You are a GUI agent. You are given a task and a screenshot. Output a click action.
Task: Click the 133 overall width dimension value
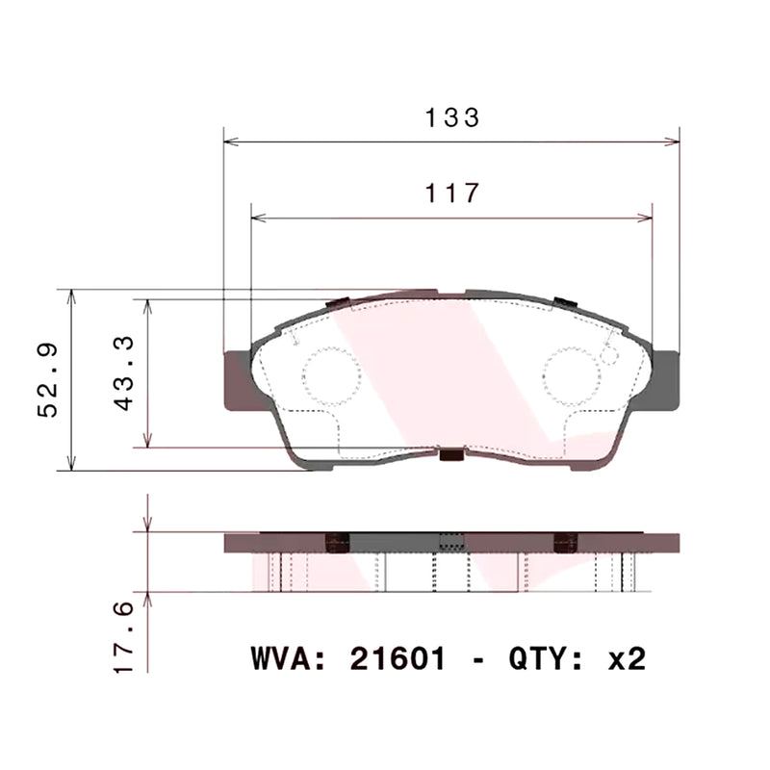[452, 118]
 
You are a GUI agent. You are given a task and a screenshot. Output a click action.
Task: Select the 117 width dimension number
[452, 193]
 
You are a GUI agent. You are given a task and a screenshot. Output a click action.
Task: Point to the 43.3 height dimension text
[124, 374]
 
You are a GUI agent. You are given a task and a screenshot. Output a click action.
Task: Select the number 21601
[398, 659]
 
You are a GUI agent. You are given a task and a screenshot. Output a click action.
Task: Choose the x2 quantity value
[627, 659]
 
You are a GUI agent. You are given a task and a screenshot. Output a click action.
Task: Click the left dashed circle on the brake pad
[331, 375]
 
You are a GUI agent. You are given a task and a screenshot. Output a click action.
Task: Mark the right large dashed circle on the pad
[571, 375]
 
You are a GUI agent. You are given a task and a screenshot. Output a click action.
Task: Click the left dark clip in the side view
[337, 543]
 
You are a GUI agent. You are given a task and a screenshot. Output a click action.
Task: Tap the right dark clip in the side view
[566, 543]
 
